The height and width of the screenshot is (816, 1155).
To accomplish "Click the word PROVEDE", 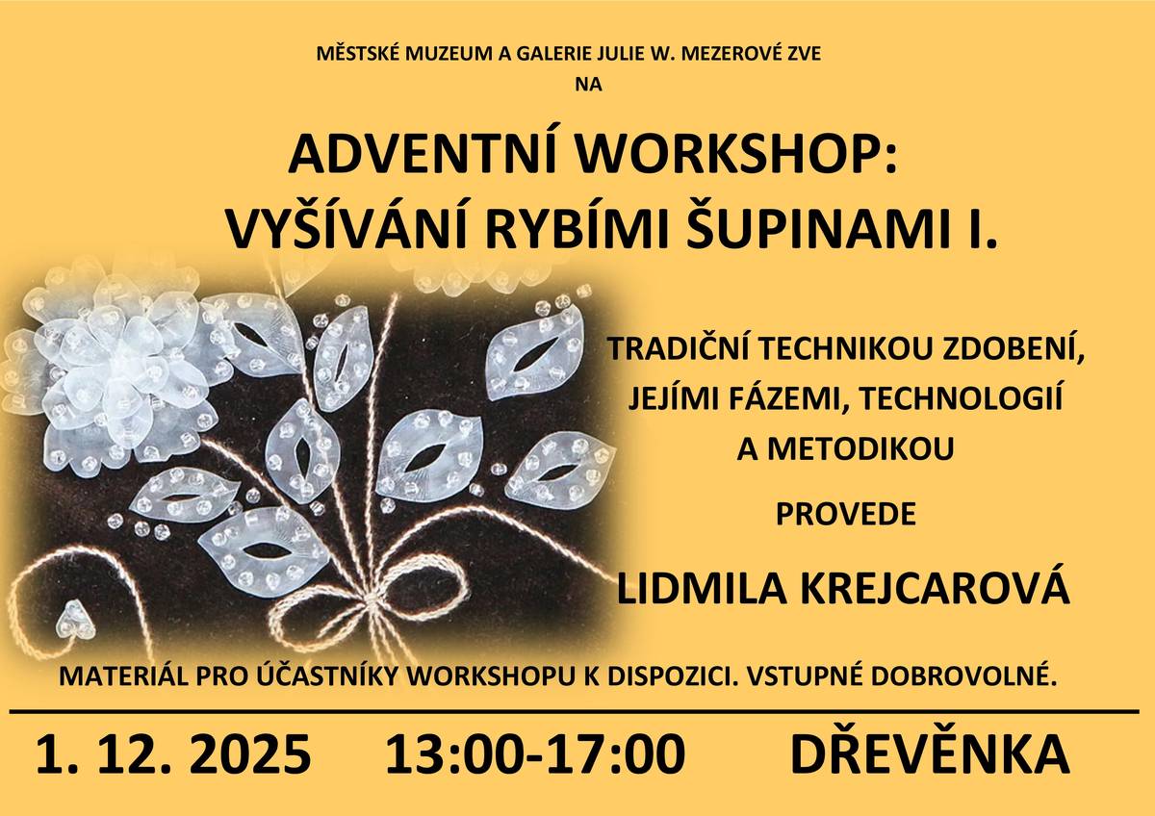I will (845, 514).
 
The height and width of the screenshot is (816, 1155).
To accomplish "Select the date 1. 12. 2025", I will (173, 753).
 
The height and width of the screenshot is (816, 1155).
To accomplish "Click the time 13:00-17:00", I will (535, 753).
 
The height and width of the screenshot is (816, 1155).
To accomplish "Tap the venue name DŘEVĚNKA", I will (930, 753).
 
